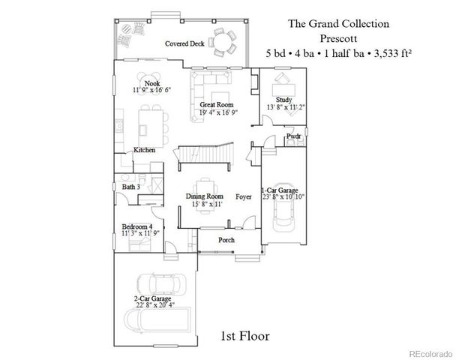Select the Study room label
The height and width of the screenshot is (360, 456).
pyautogui.click(x=283, y=99)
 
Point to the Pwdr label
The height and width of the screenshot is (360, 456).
pyautogui.click(x=293, y=136)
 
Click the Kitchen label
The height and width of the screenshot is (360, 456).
pyautogui.click(x=144, y=150)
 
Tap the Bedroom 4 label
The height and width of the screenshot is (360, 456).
pyautogui.click(x=137, y=226)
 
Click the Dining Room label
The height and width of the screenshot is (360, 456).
pyautogui.click(x=205, y=196)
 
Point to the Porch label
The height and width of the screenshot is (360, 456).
pyautogui.click(x=226, y=240)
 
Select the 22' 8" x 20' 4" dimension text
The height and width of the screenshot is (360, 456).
pyautogui.click(x=150, y=305)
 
